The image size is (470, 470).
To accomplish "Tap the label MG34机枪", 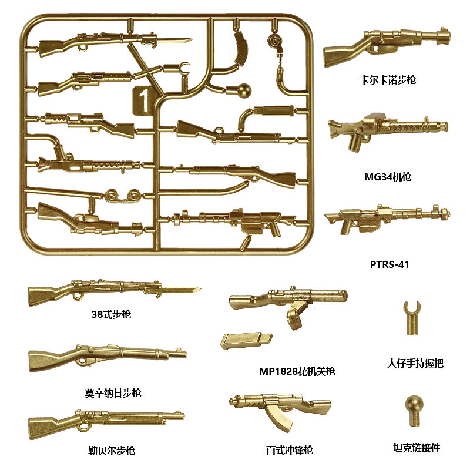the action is click(x=388, y=177).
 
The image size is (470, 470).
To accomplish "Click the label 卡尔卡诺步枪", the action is click(x=388, y=79).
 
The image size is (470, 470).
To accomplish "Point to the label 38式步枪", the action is click(x=112, y=314).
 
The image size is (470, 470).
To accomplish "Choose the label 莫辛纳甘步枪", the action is click(x=113, y=392).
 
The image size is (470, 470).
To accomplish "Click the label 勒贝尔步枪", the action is click(x=111, y=451).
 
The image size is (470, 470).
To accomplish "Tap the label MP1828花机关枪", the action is click(x=297, y=371).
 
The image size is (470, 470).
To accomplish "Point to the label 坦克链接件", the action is click(x=416, y=448).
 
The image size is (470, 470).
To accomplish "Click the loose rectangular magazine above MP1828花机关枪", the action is click(x=246, y=340).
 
